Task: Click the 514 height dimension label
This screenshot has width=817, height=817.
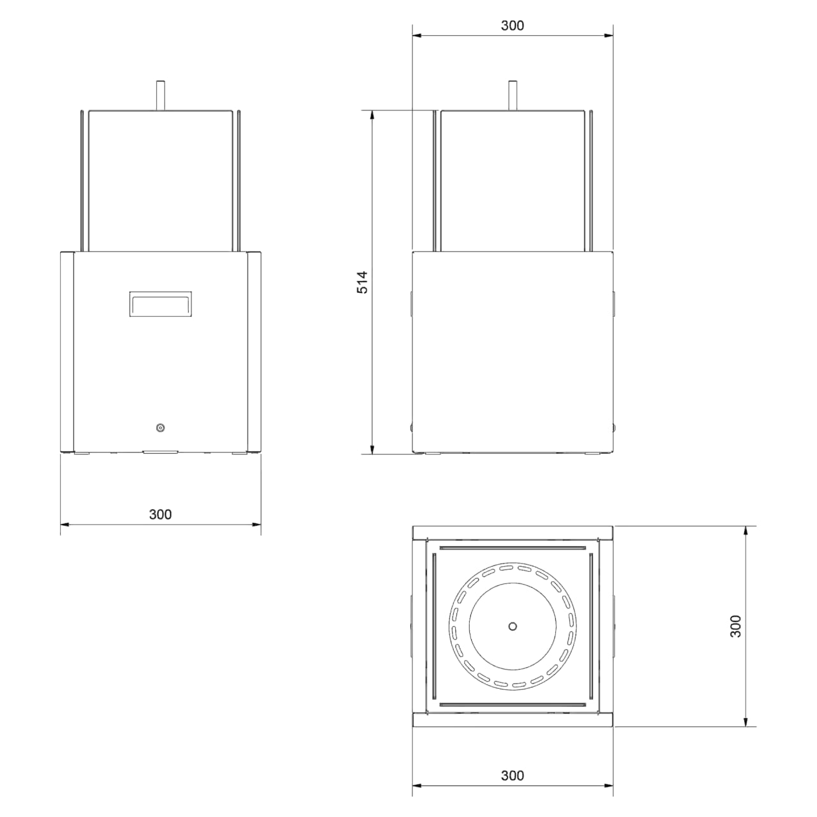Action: [363, 282]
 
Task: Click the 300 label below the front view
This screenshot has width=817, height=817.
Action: [160, 514]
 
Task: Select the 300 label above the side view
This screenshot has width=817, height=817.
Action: [512, 26]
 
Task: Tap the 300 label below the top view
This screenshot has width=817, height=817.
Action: [512, 776]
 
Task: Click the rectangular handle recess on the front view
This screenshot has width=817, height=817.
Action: [160, 304]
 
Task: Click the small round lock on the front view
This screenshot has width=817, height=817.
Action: [160, 428]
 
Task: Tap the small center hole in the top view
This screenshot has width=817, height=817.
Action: [513, 626]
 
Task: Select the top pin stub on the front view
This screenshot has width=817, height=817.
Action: [160, 95]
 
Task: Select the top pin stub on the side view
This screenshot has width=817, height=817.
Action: [513, 95]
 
